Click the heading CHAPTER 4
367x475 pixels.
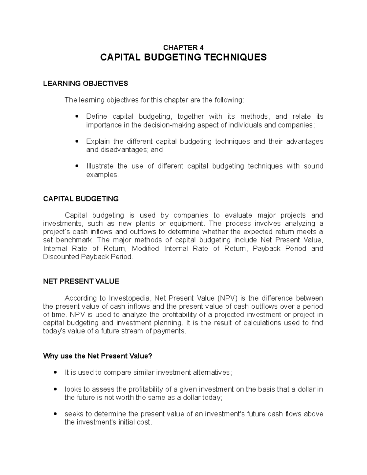(x=183, y=47)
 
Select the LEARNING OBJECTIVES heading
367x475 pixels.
(x=85, y=83)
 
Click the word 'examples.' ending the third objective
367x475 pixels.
(x=102, y=175)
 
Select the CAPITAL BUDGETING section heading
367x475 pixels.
(x=81, y=199)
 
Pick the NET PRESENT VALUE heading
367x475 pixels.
(x=81, y=282)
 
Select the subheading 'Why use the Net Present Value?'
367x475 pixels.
(x=98, y=356)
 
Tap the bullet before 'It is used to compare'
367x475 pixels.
(x=55, y=373)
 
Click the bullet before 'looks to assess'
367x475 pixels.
(x=55, y=390)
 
